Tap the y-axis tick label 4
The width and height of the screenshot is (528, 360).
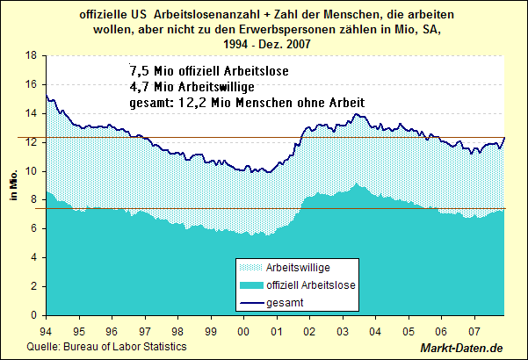[33, 257]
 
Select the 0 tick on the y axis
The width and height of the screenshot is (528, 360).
[33, 315]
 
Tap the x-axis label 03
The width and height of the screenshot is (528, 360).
[342, 332]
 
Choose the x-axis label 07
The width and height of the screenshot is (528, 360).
[474, 332]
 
